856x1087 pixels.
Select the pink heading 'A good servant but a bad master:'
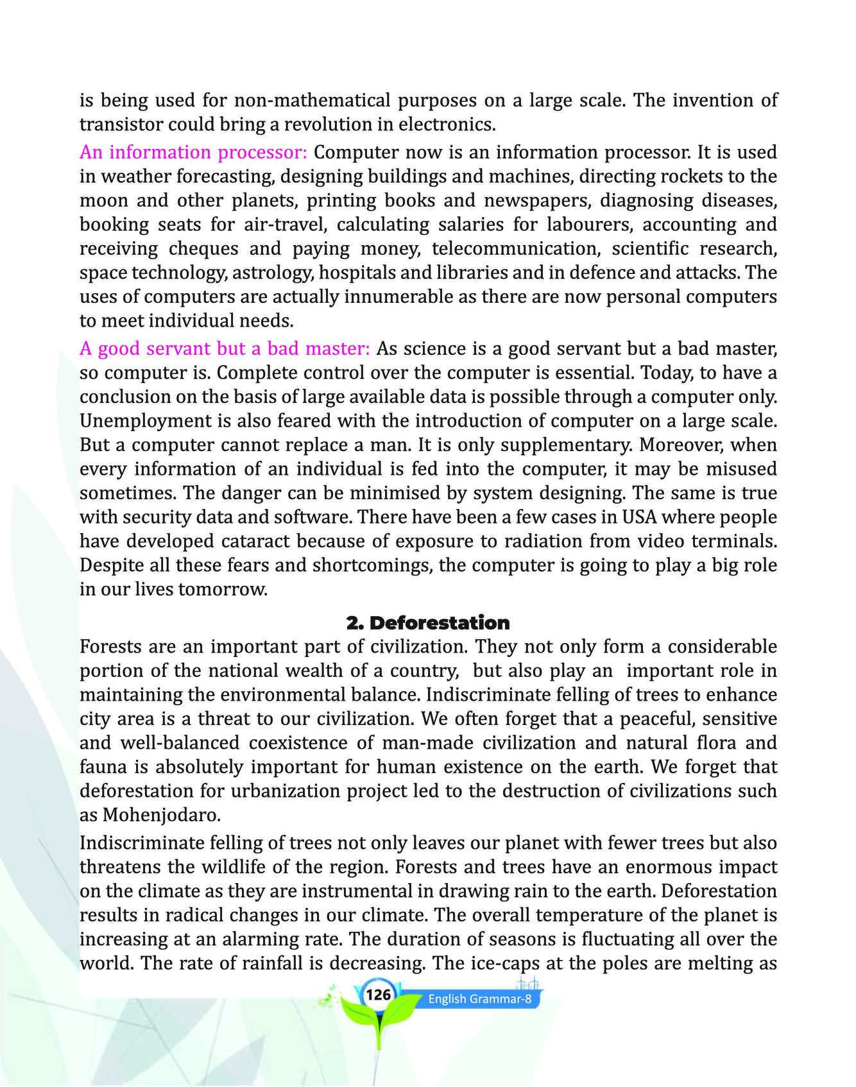[225, 349]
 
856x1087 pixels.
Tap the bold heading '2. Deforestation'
[427, 623]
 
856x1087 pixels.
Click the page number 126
[379, 995]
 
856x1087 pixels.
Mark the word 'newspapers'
[537, 201]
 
